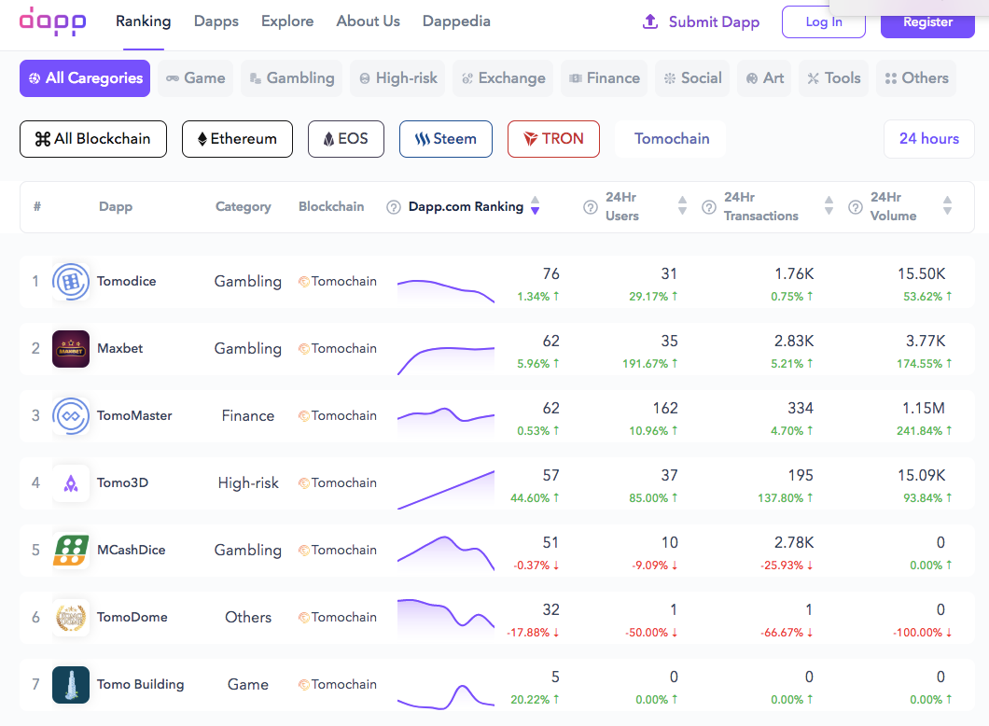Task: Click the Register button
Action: coord(927,21)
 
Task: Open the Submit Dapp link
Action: coord(702,21)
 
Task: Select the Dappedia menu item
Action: coord(456,21)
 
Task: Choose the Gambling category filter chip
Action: coord(291,78)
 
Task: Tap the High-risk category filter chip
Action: coord(397,78)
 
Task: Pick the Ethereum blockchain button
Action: coord(237,139)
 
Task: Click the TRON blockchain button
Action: coord(553,139)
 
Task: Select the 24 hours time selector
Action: coord(928,139)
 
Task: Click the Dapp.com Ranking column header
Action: coord(466,206)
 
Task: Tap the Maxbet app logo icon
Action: coord(71,349)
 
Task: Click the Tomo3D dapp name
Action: coord(122,482)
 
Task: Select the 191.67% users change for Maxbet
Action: coord(650,364)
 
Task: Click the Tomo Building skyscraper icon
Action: coord(71,685)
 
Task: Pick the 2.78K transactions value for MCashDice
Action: coord(794,542)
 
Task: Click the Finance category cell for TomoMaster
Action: coord(248,415)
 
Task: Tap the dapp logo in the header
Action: coord(52,21)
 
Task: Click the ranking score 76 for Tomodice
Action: coord(550,273)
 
